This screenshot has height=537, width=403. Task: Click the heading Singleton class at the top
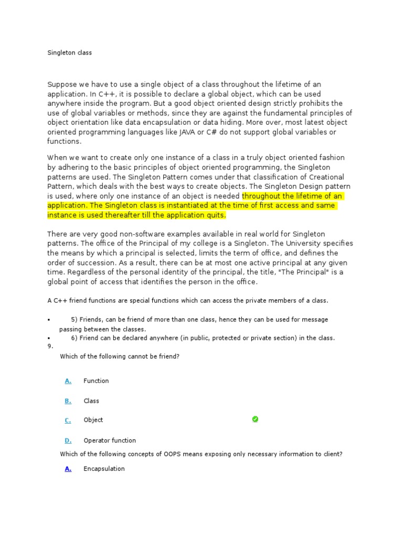pyautogui.click(x=69, y=53)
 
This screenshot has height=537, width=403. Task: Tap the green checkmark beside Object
pyautogui.click(x=255, y=419)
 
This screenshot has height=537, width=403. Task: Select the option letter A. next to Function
pyautogui.click(x=68, y=381)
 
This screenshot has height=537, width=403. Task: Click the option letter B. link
pyautogui.click(x=68, y=401)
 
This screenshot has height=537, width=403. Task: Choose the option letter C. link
pyautogui.click(x=68, y=420)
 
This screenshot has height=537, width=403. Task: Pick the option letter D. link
pyautogui.click(x=68, y=441)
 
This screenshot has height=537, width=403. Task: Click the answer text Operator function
pyautogui.click(x=110, y=441)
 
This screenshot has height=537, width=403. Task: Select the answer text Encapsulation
pyautogui.click(x=104, y=468)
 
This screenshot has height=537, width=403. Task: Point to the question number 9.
pyautogui.click(x=50, y=346)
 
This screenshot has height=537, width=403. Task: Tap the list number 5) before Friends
pyautogui.click(x=75, y=319)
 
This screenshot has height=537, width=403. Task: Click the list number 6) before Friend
pyautogui.click(x=75, y=338)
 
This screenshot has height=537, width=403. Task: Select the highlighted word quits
pyautogui.click(x=216, y=215)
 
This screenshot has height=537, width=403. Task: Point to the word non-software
pyautogui.click(x=127, y=234)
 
